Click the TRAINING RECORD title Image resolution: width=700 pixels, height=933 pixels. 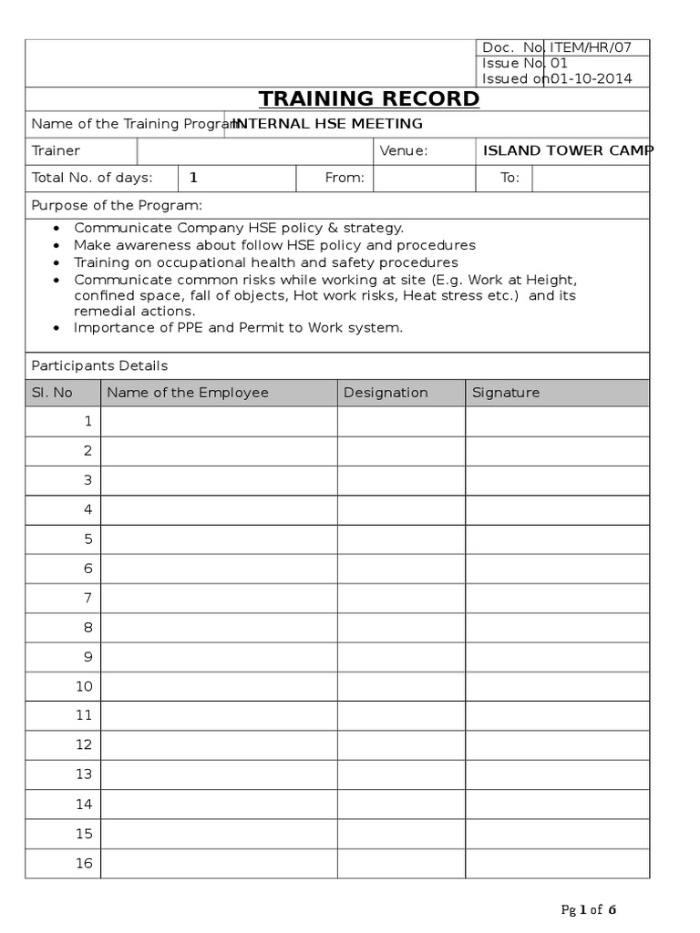369,98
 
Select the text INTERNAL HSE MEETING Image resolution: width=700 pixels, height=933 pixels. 329,124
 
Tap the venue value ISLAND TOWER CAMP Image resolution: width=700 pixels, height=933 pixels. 567,150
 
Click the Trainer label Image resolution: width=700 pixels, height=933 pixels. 56,150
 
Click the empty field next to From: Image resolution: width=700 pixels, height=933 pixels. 425,178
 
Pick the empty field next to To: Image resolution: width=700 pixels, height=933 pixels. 591,178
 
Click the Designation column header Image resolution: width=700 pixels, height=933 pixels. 386,393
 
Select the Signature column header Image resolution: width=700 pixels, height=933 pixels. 506,393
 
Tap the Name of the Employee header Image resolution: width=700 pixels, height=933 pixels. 188,393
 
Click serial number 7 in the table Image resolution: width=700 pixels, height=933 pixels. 88,598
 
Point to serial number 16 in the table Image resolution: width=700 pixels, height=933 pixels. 84,863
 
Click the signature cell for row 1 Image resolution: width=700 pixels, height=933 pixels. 557,422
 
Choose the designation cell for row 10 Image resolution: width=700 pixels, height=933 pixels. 401,686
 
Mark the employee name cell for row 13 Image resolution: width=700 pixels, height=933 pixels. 219,774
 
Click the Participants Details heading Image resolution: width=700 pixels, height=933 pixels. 99,365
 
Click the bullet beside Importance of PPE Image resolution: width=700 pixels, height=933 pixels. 57,328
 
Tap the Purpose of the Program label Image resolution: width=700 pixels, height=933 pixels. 117,205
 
